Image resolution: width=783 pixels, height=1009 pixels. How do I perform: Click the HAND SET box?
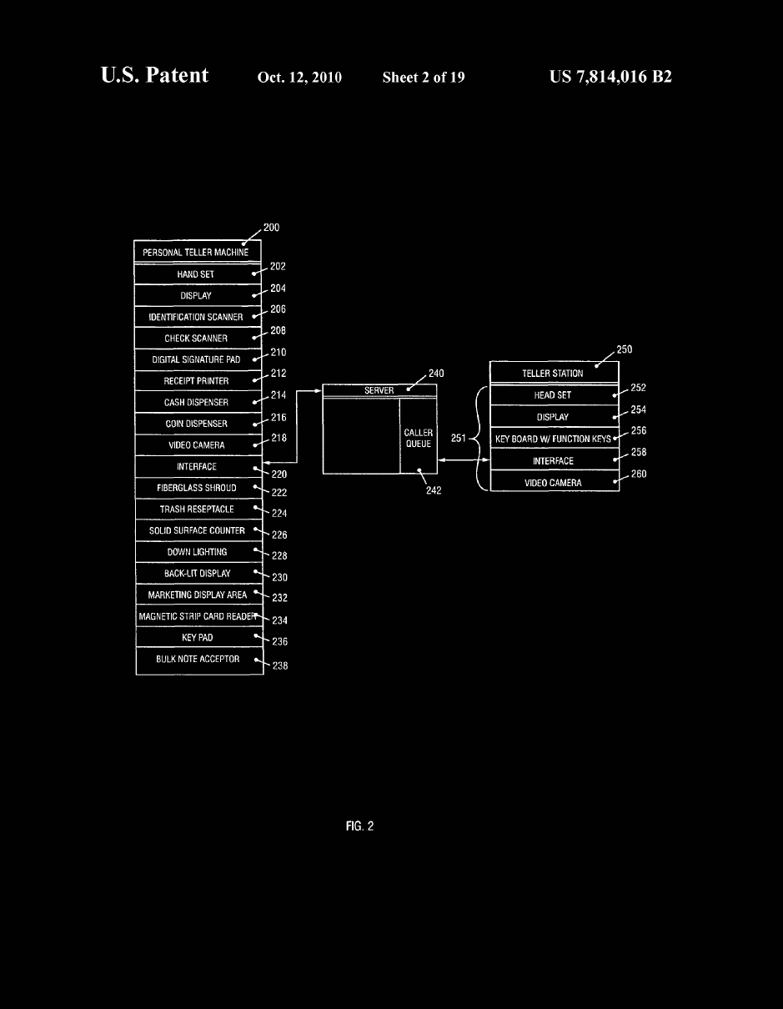coord(198,274)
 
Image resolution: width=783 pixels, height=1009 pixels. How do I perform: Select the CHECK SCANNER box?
coord(198,338)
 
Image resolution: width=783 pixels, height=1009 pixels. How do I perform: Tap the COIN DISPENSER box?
coord(198,424)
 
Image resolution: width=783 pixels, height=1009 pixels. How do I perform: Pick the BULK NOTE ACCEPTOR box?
coord(199,660)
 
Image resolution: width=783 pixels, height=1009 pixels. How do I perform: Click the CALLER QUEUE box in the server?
coord(419,436)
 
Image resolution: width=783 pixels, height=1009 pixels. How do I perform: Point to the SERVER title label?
coord(379,390)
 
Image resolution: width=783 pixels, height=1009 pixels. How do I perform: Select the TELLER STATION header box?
coord(555,373)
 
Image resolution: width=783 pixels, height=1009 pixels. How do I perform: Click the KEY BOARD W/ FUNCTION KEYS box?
coord(555,438)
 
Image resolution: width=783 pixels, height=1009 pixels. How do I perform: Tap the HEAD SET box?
coord(555,394)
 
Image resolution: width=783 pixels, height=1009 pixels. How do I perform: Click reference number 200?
coord(272,228)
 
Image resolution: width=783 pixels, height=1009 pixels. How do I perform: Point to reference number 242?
coord(434,490)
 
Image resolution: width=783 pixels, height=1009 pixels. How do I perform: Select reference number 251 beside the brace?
coord(458,438)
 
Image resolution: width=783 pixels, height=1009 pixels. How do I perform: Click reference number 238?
coord(280,665)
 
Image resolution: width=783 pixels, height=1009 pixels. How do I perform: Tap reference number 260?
coord(639,474)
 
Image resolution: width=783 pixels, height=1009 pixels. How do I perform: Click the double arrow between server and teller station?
coord(464,460)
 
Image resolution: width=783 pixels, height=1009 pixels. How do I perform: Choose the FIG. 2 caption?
coord(359,826)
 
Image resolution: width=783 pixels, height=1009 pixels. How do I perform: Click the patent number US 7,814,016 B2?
coord(610,77)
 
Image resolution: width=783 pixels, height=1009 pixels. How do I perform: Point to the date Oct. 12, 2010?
coord(299,77)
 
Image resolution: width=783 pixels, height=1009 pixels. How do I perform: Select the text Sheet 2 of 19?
coord(424,77)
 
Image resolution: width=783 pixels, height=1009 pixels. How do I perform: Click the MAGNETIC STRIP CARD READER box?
coord(199,615)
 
